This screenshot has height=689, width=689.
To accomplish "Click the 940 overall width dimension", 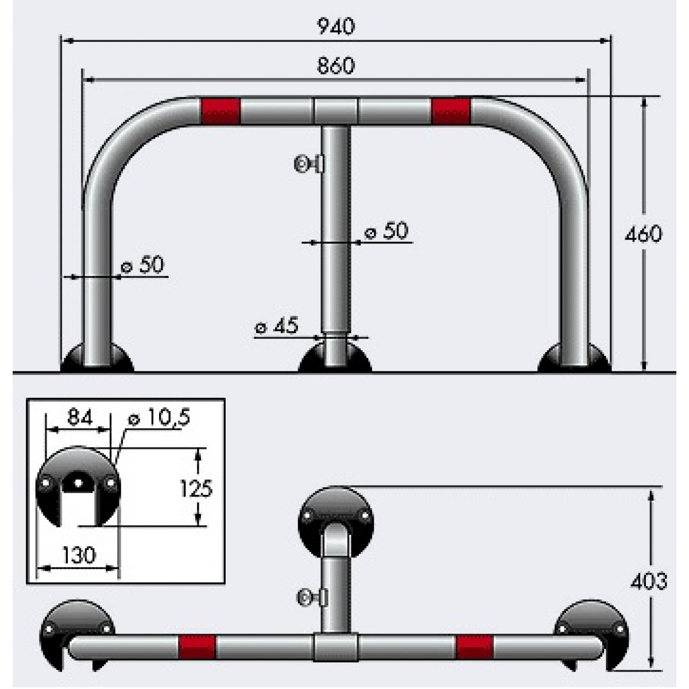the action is pyautogui.click(x=336, y=26).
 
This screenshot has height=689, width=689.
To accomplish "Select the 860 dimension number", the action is pyautogui.click(x=336, y=66).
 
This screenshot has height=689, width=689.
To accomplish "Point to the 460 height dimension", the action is pyautogui.click(x=643, y=234).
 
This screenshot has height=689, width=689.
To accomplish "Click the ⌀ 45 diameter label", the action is pyautogui.click(x=276, y=326).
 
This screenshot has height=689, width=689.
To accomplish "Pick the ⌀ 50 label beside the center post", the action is pyautogui.click(x=386, y=231).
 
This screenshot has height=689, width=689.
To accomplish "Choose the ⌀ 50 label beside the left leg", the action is pyautogui.click(x=142, y=265).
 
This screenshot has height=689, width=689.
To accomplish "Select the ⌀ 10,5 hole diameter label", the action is pyautogui.click(x=160, y=417).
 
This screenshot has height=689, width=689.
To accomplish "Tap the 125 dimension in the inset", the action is pyautogui.click(x=196, y=489).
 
